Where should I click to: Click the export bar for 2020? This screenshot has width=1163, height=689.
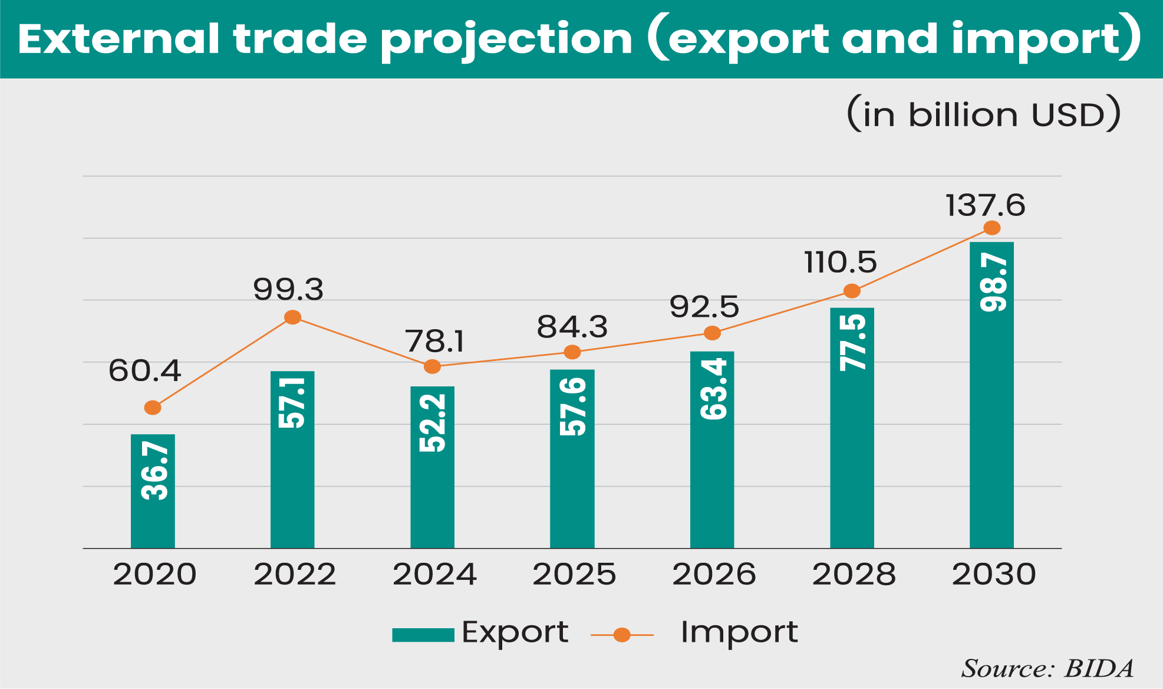coord(153,491)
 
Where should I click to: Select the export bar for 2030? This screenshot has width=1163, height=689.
coord(991,395)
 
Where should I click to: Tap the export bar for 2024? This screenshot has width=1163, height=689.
coord(432,467)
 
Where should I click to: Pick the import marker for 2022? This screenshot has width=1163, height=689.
coord(292,317)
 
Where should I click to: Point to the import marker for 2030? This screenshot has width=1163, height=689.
coord(992,228)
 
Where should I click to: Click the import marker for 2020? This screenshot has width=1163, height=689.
coord(153,408)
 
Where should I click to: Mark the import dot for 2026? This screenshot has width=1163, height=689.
coord(712,333)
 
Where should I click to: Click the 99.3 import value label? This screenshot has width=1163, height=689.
coord(288,290)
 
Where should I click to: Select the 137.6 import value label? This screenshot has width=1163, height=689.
coord(985,205)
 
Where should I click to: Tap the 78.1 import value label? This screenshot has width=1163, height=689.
coord(434,342)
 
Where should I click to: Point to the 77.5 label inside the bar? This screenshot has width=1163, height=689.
coord(852,342)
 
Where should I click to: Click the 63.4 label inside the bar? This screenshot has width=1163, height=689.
coord(713,389)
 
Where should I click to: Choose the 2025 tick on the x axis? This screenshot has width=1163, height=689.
coord(574,574)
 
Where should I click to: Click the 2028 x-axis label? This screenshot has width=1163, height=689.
coord(854,574)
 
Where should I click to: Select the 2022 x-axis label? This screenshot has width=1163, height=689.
coord(295,574)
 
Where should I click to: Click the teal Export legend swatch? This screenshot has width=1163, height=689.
coord(423,635)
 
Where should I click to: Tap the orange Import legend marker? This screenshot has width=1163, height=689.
coord(622,635)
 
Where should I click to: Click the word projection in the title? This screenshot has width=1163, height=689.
coord(506,40)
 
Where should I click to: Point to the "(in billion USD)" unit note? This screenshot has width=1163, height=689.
coord(983,114)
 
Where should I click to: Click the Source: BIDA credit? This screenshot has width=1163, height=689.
coord(1047,668)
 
